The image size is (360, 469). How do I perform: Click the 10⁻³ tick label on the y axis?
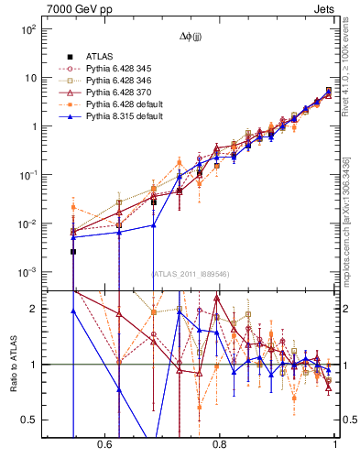coord(27,273)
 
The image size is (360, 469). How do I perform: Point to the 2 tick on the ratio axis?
coord(34,309)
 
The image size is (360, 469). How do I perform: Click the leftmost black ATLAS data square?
coord(73,251)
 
